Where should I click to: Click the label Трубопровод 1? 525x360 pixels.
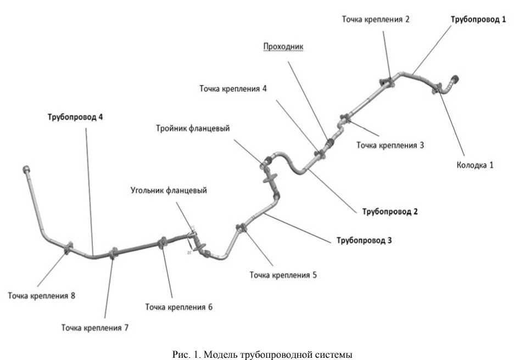coord(477,19)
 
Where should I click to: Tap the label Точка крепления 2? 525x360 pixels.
coord(376,19)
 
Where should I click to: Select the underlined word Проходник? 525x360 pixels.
coord(283,47)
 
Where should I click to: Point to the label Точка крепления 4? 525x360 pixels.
coord(233,88)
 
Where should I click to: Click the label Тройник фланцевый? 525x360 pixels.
coord(192,128)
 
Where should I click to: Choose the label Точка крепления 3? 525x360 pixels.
coord(390,145)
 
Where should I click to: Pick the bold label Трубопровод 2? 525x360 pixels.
coord(390,211)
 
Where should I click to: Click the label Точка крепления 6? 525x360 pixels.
coord(178,307)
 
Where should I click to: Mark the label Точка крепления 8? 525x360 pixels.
coord(41,296)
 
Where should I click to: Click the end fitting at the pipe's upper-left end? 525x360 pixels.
coord(25,169)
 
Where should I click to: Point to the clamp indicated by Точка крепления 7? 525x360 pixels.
coord(114,254)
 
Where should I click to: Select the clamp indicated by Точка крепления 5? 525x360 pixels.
coord(241,228)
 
